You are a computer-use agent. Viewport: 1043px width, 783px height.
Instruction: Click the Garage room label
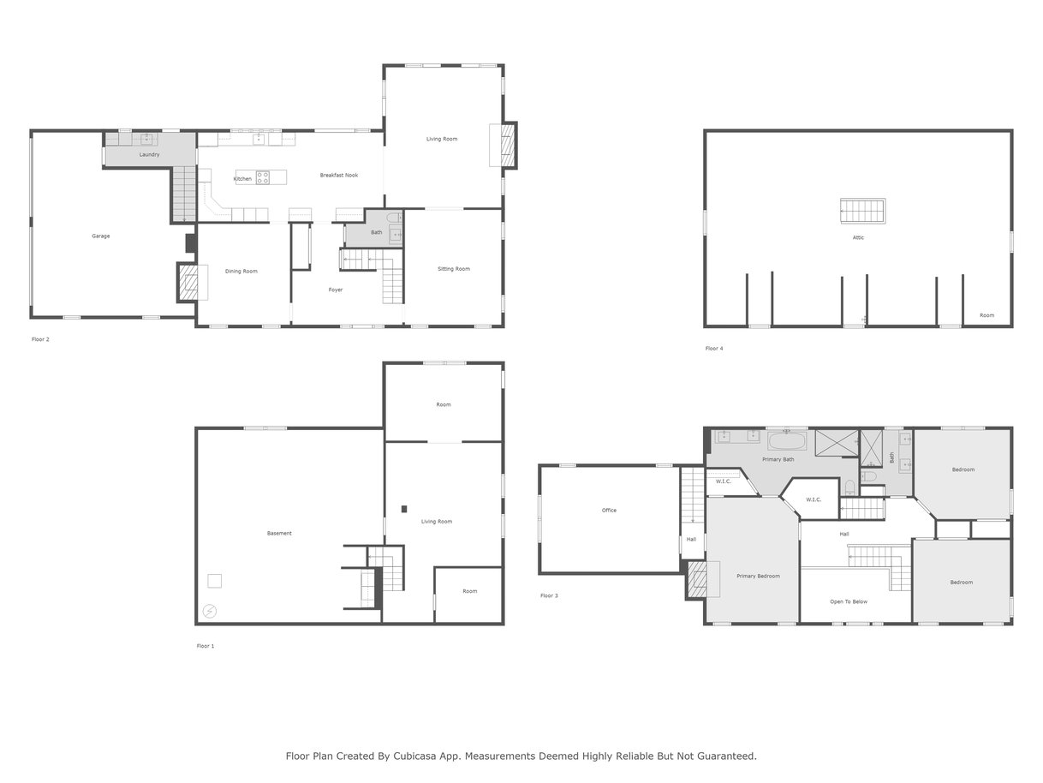[101, 236]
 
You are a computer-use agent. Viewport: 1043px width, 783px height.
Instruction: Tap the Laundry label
[149, 154]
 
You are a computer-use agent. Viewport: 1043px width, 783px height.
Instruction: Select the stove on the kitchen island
[263, 178]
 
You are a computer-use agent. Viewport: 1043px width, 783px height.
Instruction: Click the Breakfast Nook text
[339, 175]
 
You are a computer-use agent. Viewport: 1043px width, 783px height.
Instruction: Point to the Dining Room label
[241, 271]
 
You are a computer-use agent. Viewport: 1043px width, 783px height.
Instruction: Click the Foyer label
[336, 290]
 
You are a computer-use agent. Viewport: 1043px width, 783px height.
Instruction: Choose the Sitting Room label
[454, 269]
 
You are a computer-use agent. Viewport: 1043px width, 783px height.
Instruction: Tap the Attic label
[858, 237]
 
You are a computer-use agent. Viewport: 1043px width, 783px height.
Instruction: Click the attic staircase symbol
[862, 211]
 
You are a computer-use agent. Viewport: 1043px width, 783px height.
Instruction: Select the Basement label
[279, 533]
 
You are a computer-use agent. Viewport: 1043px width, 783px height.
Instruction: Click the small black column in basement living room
[404, 509]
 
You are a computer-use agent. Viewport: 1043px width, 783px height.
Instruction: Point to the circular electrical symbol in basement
[210, 611]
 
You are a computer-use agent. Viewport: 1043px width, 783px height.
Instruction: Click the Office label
[609, 510]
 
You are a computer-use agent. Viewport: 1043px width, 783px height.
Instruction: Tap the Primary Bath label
[778, 459]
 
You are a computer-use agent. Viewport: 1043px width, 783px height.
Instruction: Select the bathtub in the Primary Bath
[787, 440]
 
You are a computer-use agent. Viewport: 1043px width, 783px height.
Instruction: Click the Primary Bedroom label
[758, 576]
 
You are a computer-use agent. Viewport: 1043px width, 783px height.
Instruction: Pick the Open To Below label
[849, 601]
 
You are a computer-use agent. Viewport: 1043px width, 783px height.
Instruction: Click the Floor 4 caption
[714, 349]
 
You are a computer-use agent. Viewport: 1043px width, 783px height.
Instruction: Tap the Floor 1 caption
[206, 646]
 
